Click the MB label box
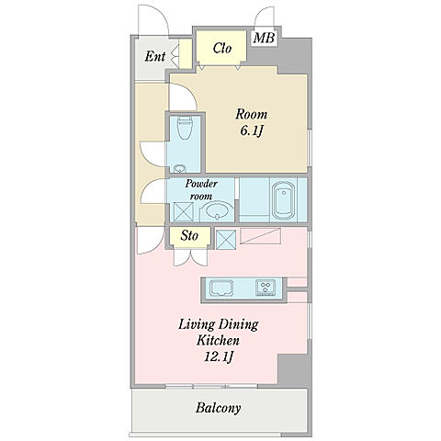(265, 39)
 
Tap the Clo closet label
(222, 48)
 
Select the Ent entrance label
(155, 56)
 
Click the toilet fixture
(185, 128)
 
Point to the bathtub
(284, 201)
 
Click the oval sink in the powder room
(218, 210)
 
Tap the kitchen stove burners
(266, 288)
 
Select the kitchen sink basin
(221, 288)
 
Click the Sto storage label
(189, 236)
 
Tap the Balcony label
(218, 408)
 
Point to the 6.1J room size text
(252, 131)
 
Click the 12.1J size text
(219, 356)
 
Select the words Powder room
(201, 190)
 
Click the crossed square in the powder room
(184, 211)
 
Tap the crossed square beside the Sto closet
(226, 240)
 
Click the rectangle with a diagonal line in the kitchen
(260, 236)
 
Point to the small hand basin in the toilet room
(179, 169)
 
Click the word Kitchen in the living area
(218, 341)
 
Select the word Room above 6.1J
(251, 115)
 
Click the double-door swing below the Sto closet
(190, 257)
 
